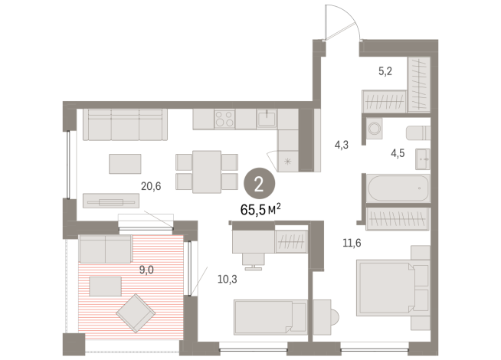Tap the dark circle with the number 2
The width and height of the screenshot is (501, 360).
click(259, 183)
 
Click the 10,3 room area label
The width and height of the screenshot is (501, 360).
click(206, 280)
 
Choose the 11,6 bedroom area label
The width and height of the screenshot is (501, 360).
click(352, 244)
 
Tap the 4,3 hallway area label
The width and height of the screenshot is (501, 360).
click(342, 143)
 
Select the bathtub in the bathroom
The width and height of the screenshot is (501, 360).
click(398, 188)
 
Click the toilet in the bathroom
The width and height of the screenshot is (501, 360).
click(417, 132)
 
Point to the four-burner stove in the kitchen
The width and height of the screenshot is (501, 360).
click(224, 119)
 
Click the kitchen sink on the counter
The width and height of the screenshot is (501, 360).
click(266, 119)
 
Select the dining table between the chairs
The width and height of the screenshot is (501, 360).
click(206, 170)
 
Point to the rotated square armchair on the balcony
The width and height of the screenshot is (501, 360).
click(136, 313)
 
